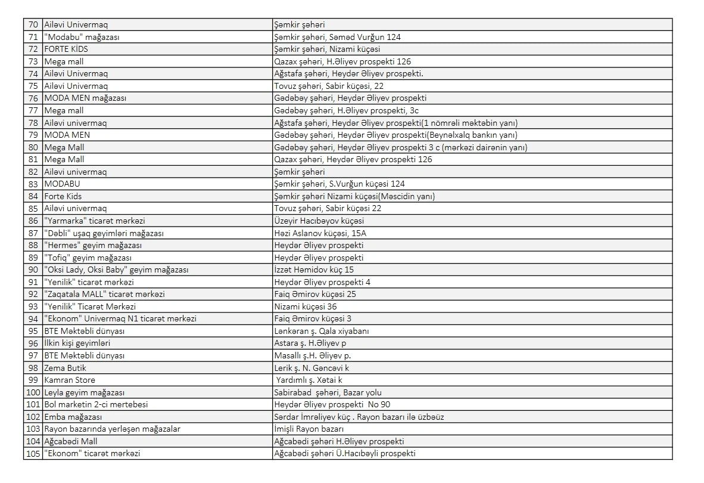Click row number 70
coord(33,25)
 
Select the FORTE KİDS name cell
coord(66,49)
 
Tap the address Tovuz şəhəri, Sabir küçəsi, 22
coord(329,86)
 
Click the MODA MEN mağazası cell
coord(85,98)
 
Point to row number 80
coord(33,147)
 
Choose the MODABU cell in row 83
coord(62,184)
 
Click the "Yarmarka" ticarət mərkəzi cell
coord(95,221)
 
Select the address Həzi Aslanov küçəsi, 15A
coord(320,233)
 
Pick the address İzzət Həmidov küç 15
coord(314,270)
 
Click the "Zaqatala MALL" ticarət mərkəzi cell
coord(105,294)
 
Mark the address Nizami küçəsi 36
coord(306,306)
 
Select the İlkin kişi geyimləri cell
coord(77,343)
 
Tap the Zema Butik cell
coord(66,368)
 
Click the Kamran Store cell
coord(70,380)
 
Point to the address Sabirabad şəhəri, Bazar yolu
coord(328,392)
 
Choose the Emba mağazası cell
coord(73,417)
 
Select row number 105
coord(33,453)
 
